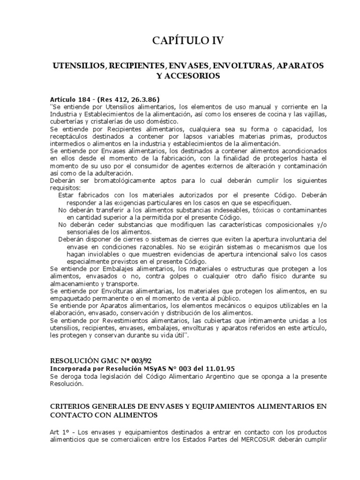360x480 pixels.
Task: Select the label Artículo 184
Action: pyautogui.click(x=69, y=99)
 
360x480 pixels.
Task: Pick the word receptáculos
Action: pyautogui.click(x=72, y=136)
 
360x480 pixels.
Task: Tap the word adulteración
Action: pyautogui.click(x=111, y=172)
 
